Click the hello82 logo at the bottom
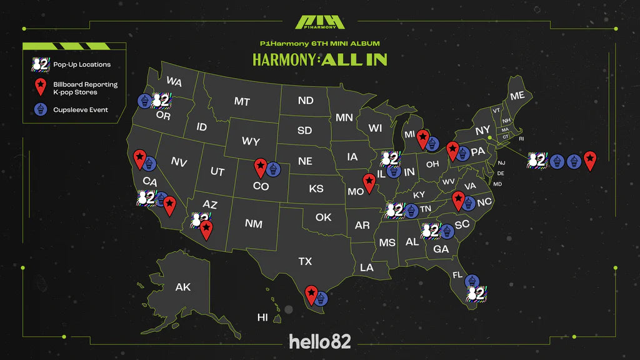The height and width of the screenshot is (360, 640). (319, 341)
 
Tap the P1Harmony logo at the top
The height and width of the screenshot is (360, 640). (319, 21)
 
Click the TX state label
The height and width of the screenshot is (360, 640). (305, 261)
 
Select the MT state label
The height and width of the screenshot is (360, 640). (242, 101)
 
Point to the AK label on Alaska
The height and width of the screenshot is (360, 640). (183, 287)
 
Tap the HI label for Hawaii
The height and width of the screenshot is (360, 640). (262, 317)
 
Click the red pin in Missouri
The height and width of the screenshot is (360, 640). (369, 182)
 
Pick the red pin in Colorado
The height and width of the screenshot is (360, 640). (260, 167)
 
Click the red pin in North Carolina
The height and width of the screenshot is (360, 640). (459, 199)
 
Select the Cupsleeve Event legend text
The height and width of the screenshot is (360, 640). (81, 109)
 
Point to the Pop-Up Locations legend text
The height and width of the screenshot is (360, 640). (82, 64)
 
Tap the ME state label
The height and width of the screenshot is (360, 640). (517, 96)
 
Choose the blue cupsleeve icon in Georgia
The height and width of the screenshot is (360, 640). (446, 232)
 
